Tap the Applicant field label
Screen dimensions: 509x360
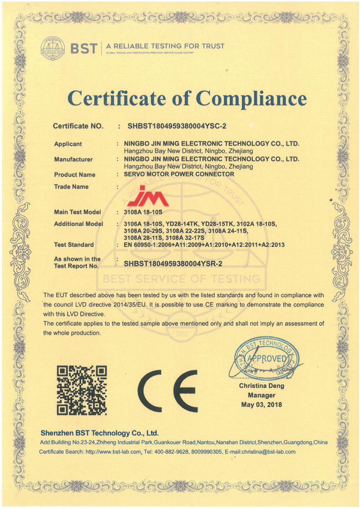[68, 144]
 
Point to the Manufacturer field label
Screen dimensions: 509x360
[73, 159]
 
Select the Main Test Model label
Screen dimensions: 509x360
[77, 212]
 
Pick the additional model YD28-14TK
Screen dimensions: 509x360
[183, 224]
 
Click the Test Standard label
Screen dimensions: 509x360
[74, 245]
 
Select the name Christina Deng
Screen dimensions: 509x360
[261, 386]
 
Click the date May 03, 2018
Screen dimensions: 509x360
[261, 404]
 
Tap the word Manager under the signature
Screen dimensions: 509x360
[261, 395]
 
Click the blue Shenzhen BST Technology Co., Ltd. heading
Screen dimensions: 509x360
[99, 433]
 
